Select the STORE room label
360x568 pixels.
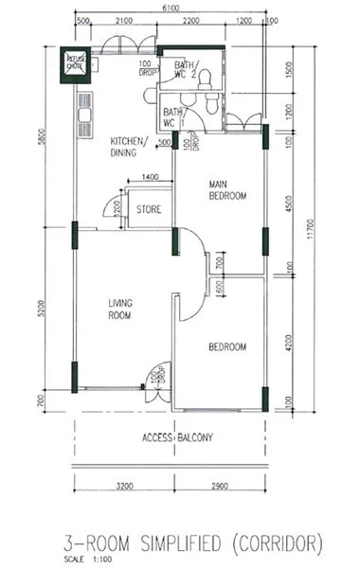point(147,209)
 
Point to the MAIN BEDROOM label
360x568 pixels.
point(227,190)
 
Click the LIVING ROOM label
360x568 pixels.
point(119,309)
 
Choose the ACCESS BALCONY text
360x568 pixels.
point(177,437)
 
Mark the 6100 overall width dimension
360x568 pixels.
point(170,8)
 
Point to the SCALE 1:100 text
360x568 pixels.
point(84,559)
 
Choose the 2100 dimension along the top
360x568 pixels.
point(124,20)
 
